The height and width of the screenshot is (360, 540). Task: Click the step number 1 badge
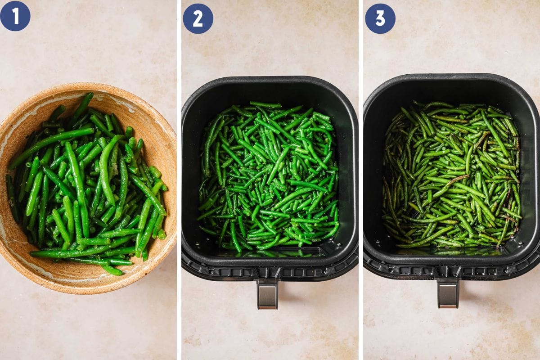(x=15, y=16)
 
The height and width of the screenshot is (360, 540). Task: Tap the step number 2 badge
(x=198, y=18)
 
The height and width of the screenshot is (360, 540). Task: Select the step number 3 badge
(x=380, y=18)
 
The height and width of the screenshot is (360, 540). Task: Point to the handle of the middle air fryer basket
(x=267, y=294)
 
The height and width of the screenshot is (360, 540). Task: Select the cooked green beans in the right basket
(x=451, y=175)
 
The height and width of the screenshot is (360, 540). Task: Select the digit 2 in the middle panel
(x=198, y=18)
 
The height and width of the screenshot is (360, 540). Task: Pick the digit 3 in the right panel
(x=380, y=18)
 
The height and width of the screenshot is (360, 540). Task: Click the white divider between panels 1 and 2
(x=179, y=180)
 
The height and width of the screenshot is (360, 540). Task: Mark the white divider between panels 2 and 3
(x=361, y=180)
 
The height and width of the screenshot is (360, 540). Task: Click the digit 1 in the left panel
(x=15, y=16)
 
